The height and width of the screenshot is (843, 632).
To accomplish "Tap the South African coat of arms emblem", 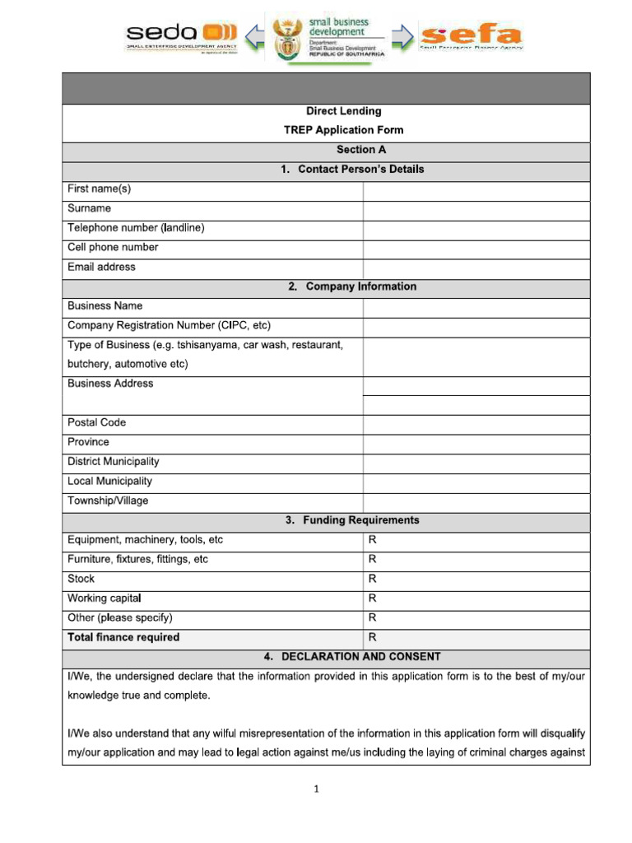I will click(287, 37).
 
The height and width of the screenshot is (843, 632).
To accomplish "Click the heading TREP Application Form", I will click(343, 130).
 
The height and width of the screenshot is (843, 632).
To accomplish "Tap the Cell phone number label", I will click(113, 248).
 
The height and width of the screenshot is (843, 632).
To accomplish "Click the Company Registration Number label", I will click(169, 325).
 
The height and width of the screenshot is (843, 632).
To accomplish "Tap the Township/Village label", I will click(108, 501).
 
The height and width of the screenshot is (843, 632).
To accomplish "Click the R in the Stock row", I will click(373, 579).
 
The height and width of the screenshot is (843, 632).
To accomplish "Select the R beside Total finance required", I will click(373, 637).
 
